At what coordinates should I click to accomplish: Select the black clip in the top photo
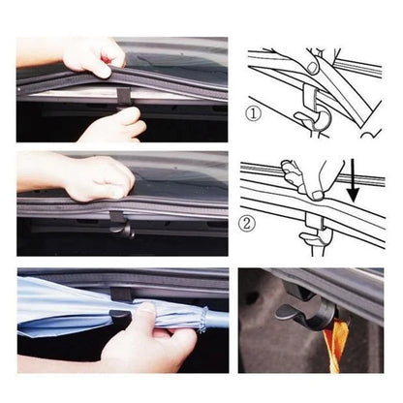pos(123,97)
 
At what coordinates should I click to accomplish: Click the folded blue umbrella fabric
pos(68,305)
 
